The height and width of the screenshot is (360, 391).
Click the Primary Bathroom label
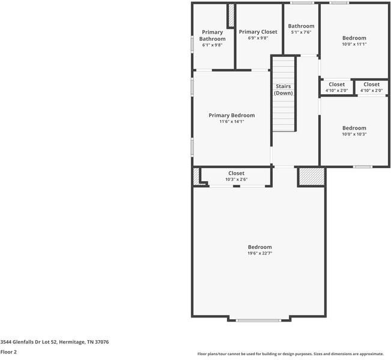213,35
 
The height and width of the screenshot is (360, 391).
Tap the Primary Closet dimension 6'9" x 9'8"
258,38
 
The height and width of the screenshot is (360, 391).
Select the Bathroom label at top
301,26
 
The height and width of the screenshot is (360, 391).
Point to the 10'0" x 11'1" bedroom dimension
354,44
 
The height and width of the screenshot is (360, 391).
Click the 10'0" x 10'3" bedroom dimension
354,134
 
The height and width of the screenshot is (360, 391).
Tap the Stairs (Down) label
283,90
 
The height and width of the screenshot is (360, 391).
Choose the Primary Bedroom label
231,115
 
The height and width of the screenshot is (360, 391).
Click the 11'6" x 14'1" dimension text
231,122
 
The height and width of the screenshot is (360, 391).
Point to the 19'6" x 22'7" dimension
259,253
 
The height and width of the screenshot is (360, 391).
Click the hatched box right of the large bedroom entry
311,176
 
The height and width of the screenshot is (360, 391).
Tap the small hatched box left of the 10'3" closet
196,176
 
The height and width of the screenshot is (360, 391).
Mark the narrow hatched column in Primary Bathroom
230,15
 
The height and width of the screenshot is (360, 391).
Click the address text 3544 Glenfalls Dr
54,341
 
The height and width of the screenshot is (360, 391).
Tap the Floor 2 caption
8,352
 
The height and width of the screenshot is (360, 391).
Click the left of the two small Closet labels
336,85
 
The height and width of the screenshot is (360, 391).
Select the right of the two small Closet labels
371,85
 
